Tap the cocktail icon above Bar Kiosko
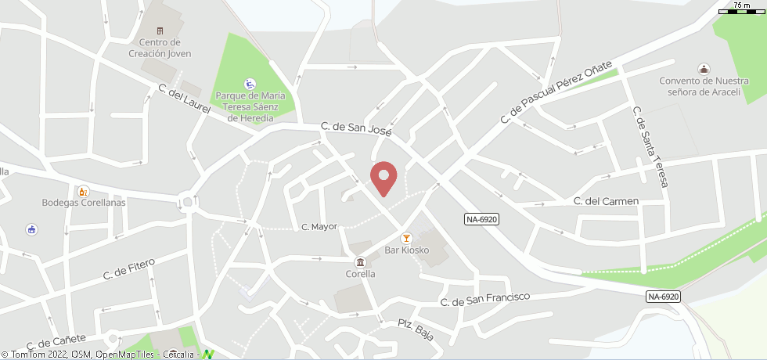pyautogui.click(x=405, y=237)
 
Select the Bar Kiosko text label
pyautogui.click(x=406, y=250)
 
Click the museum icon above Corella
pyautogui.click(x=360, y=261)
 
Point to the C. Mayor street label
pyautogui.click(x=319, y=227)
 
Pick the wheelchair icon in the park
pyautogui.click(x=250, y=83)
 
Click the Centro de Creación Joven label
pyautogui.click(x=160, y=48)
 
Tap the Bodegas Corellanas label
pyautogui.click(x=84, y=203)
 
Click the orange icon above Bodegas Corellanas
pyautogui.click(x=83, y=190)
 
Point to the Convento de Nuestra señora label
pyautogui.click(x=704, y=86)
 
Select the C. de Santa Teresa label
pyautogui.click(x=650, y=147)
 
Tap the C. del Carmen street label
pyautogui.click(x=606, y=201)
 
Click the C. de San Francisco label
pyautogui.click(x=484, y=299)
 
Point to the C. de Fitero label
pyautogui.click(x=130, y=268)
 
